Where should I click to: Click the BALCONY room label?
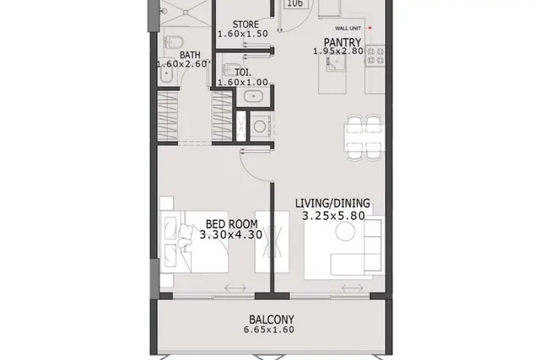pos(272,320)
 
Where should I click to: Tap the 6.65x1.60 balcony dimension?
pos(269,330)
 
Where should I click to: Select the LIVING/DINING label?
pos(332,203)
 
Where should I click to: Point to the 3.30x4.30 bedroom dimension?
pos(231,234)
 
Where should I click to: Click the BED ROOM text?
pos(231,224)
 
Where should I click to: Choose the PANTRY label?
pos(343,42)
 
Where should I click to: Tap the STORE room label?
pos(246,24)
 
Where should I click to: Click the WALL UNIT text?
pos(348,28)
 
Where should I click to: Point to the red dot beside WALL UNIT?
pos(370,28)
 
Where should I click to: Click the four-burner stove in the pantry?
pos(375,56)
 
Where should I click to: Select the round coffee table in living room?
pos(345,231)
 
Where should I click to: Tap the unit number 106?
pos(294,3)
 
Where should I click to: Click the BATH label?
pos(190,55)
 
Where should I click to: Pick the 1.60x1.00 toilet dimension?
pos(243,83)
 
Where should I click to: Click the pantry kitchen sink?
pos(336,62)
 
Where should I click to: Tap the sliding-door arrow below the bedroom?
pos(235,287)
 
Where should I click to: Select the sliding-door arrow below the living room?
pos(353,287)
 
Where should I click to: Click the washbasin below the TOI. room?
pos(253,96)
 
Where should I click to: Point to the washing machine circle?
pos(260,126)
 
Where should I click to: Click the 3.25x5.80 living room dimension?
pos(333,216)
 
